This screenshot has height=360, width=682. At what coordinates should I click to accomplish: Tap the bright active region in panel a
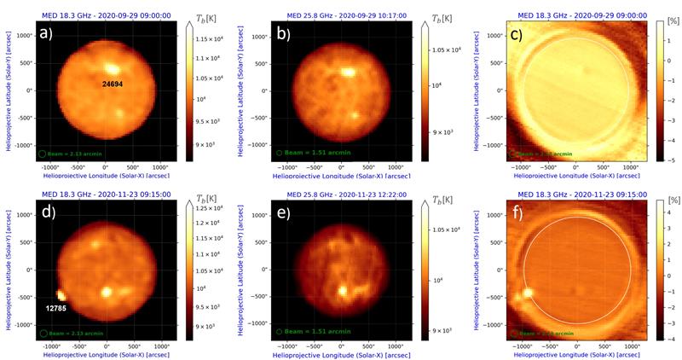[x=112, y=71]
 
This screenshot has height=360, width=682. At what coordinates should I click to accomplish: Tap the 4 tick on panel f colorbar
[x=665, y=204]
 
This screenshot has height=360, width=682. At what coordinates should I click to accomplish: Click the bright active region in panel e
[x=344, y=290]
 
